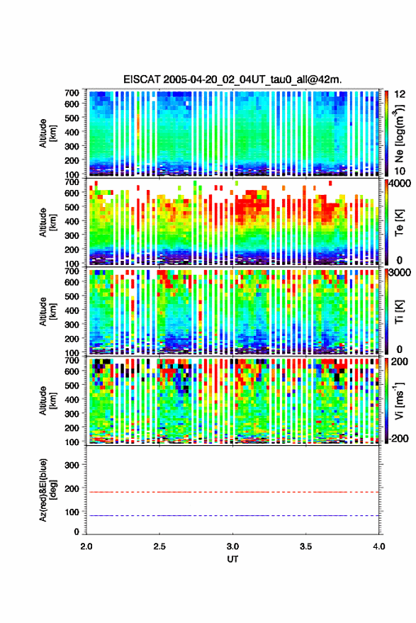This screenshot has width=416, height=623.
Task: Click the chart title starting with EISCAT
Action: coord(232,79)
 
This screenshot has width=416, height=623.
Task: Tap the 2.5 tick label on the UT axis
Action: coord(159,546)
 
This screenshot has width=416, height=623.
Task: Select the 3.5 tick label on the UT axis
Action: coord(305,546)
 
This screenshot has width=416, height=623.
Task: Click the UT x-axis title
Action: coord(232,559)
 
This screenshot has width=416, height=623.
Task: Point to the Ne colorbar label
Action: coord(399,133)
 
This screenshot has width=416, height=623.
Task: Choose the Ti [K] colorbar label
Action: coord(399,312)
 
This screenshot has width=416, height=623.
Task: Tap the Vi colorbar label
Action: coord(399,400)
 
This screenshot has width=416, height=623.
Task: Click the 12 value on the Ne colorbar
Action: coord(400,94)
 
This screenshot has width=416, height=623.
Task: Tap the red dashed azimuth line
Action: coord(232,492)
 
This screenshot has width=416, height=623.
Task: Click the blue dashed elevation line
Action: coord(232,515)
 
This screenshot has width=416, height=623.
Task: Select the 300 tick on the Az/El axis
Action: coord(72,465)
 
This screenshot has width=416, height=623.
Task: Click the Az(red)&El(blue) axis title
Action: coord(47,490)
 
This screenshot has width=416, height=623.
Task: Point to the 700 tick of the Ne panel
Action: coord(72,93)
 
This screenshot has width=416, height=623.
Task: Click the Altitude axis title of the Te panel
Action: coord(47,222)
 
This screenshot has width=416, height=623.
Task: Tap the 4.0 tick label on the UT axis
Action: coord(378,546)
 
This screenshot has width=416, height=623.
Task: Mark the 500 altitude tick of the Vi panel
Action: coord(72,385)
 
